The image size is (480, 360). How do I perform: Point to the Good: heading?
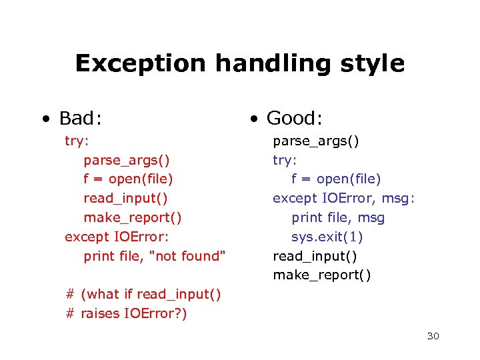(x=295, y=119)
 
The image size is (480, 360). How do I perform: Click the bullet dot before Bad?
(x=45, y=120)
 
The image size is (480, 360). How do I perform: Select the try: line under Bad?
(x=77, y=141)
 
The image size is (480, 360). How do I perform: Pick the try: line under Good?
(x=285, y=160)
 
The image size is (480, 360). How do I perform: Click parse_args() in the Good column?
(x=316, y=141)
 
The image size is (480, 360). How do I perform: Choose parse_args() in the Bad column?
(x=127, y=160)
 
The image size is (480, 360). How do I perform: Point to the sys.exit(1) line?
(x=327, y=237)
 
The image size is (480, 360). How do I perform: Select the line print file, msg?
(x=338, y=217)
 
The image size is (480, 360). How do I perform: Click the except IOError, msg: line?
(x=343, y=198)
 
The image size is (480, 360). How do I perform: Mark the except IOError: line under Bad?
(x=117, y=237)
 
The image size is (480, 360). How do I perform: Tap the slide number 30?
(x=433, y=336)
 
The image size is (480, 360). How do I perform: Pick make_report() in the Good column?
(x=322, y=275)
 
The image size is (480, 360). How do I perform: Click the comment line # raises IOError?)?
(x=127, y=313)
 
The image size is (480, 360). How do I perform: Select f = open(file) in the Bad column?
(x=128, y=179)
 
